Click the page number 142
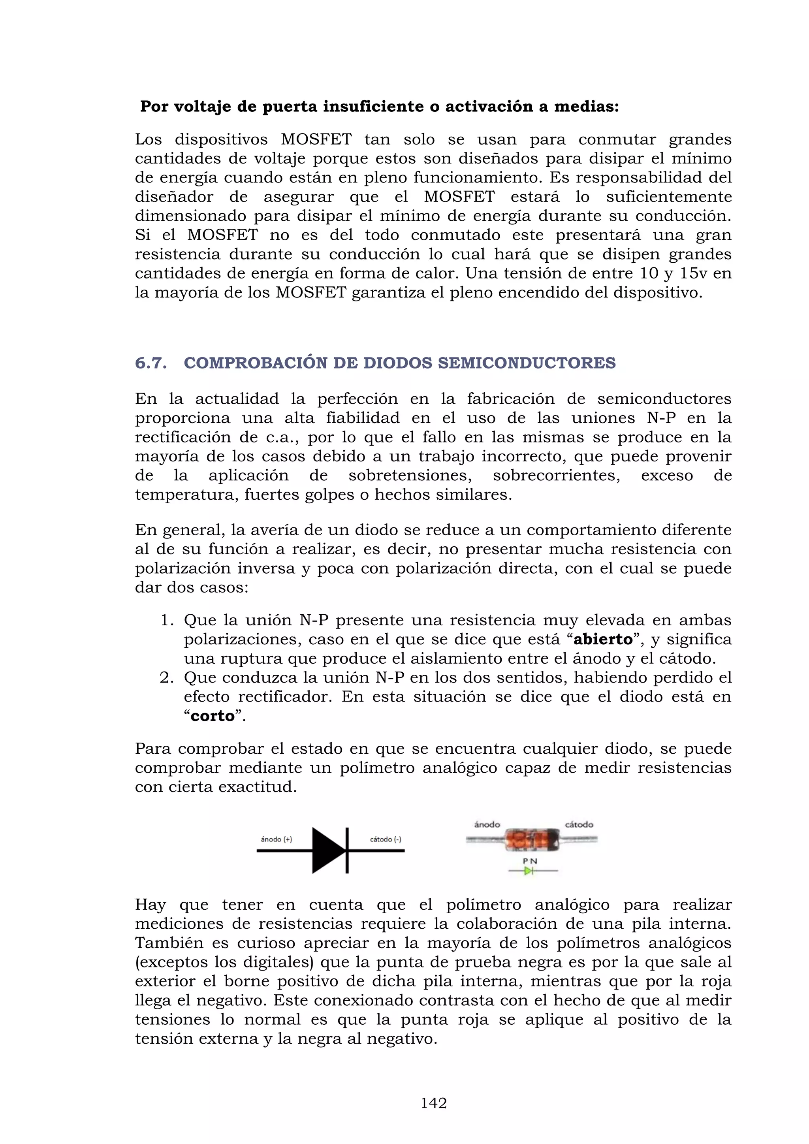click(x=433, y=1103)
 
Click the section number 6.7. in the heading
click(x=151, y=363)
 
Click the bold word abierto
click(x=603, y=639)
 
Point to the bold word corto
click(x=213, y=716)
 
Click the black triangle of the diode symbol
click(x=327, y=850)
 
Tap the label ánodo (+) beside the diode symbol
click(x=277, y=839)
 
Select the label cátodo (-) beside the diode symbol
click(x=385, y=839)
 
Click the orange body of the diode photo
click(x=531, y=839)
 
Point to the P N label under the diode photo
click(x=530, y=861)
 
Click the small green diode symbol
click(x=529, y=871)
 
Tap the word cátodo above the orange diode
click(x=579, y=824)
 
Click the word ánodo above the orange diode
click(x=487, y=824)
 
